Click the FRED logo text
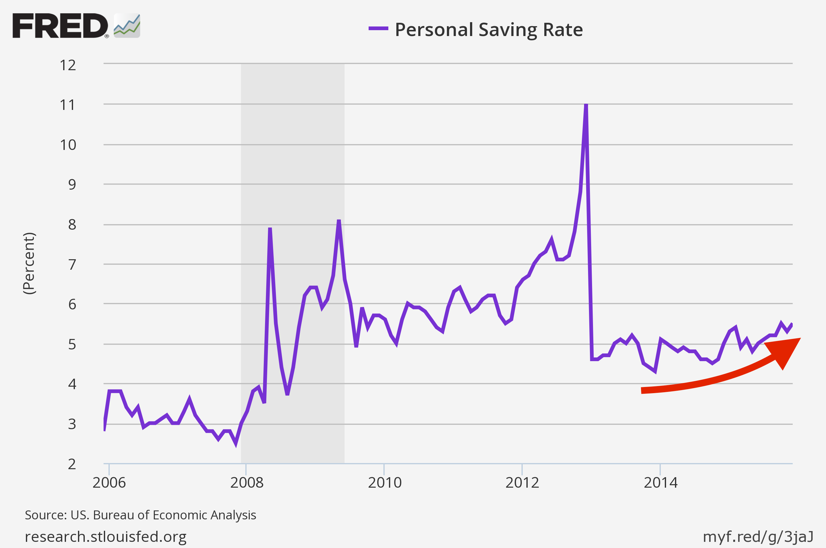60,26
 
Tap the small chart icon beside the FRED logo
127,26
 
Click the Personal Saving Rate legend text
489,30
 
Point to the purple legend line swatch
378,29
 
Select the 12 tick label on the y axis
68,65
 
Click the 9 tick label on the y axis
72,184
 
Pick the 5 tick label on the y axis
72,345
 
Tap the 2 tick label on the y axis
72,465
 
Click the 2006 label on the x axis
109,483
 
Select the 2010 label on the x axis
384,483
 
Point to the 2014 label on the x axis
660,483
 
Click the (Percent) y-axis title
29,263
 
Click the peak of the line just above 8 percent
339,220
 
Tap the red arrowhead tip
800,339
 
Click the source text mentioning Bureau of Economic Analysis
140,515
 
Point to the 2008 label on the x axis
247,483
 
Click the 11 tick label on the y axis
68,105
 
